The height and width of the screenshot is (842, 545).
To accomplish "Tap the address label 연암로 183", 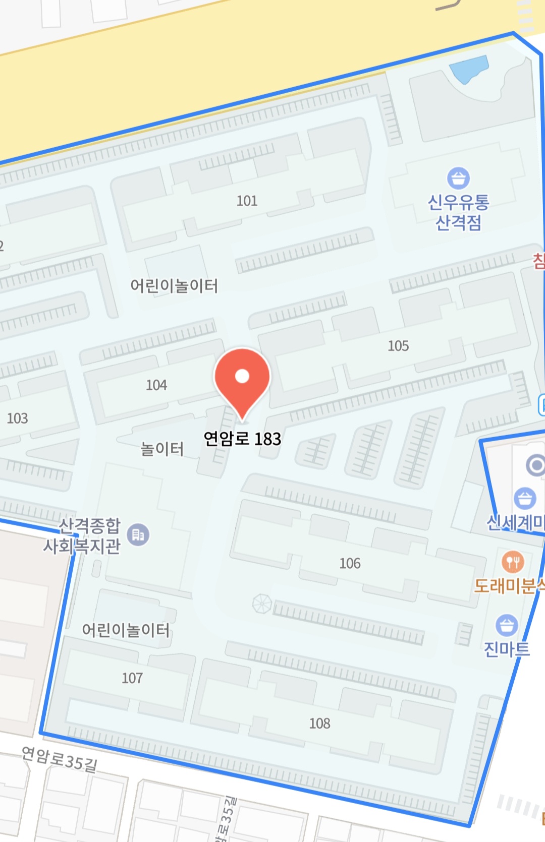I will pos(242,439).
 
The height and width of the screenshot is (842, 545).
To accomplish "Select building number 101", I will pos(247,201).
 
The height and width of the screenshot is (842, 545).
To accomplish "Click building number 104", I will pos(156,385).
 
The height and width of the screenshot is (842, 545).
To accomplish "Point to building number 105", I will pos(398,346).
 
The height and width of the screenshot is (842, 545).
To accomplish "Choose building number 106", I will pos(350,563).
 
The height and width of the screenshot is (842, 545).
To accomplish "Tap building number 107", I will pos(132,678).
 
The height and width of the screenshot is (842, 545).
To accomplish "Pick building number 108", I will pos(319,724).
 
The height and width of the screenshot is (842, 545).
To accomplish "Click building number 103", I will pos(17,418).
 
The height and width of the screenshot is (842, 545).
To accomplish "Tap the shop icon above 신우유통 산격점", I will pos(458,178).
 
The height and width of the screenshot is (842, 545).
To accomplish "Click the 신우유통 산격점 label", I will pos(458,212).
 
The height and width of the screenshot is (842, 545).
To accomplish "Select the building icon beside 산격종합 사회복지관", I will pos(138,534).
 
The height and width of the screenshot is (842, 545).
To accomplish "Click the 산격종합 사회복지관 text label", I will pos(83,536).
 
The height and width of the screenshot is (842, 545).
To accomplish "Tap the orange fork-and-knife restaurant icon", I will pos(512,561).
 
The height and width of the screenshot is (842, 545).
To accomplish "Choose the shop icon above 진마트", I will pos(507,625).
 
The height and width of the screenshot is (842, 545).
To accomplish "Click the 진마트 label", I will pos(507,649).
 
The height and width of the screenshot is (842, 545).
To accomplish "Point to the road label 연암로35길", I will pos(60,759).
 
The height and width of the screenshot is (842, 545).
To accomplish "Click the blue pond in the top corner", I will pos(469,68).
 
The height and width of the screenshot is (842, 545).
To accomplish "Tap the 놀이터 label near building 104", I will pos(162,449).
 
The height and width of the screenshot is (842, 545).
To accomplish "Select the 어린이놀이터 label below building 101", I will pos(174,286).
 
